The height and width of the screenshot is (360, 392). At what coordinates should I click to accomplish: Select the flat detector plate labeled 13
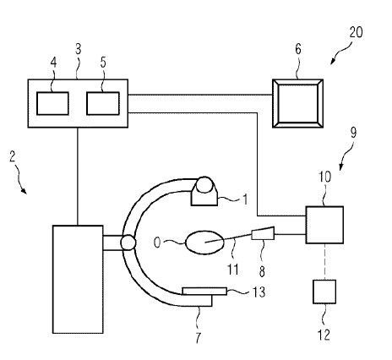click(x=204, y=291)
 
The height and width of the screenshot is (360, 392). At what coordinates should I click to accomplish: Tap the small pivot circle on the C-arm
click(x=128, y=243)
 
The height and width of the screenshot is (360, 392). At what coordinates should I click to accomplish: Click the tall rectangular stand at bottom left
click(x=78, y=279)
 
